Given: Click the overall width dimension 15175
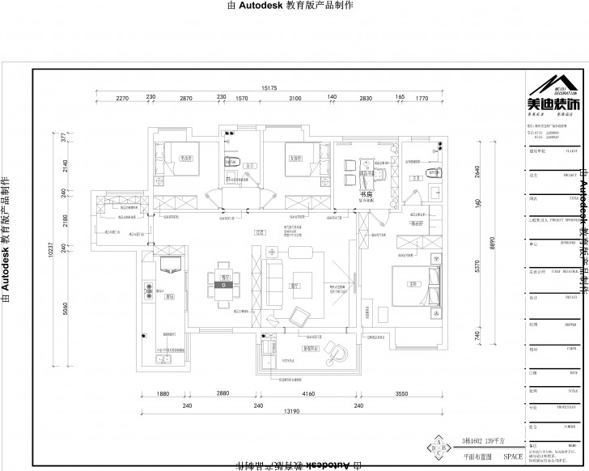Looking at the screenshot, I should [x=269, y=87].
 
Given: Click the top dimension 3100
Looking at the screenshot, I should [x=294, y=98].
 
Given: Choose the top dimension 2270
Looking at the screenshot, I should [x=122, y=98].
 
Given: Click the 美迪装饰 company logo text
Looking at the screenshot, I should [x=554, y=104].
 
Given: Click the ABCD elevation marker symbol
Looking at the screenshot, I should [x=439, y=448].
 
